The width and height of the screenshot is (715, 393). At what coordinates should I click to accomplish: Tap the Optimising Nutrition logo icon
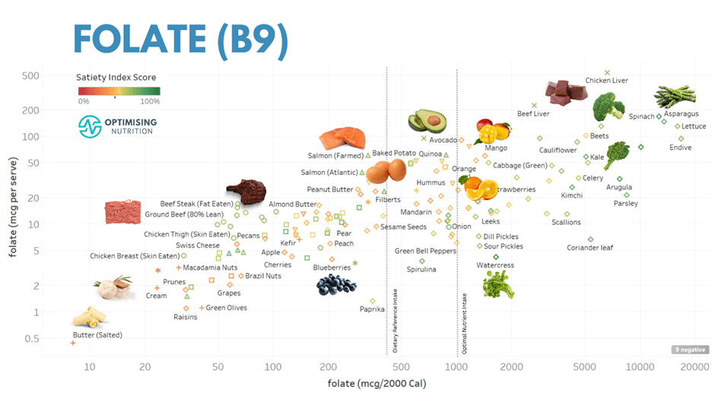(91, 125)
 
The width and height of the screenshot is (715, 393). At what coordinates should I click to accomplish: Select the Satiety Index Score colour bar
(119, 91)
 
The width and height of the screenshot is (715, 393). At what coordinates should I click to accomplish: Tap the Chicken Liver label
(606, 81)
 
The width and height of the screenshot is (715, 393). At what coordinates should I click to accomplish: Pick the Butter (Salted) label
(97, 334)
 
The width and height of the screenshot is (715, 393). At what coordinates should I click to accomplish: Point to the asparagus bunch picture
(675, 98)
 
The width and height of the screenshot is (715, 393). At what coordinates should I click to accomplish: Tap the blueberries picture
(335, 284)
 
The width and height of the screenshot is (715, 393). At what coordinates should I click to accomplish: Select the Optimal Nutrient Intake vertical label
(465, 323)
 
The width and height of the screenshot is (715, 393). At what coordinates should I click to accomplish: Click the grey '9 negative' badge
(685, 350)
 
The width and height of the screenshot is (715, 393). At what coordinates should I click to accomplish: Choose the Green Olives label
(226, 308)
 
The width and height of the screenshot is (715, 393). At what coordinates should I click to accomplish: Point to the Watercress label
(495, 265)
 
